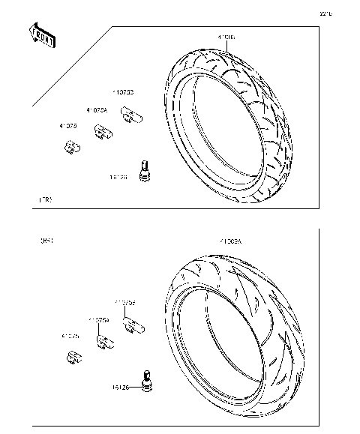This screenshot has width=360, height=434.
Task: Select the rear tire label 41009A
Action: (x=231, y=242)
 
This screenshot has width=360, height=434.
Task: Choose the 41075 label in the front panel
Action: (x=69, y=127)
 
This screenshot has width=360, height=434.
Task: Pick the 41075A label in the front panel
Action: (x=97, y=110)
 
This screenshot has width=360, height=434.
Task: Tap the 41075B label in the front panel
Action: (x=124, y=92)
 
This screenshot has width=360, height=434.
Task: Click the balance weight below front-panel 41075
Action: (x=71, y=147)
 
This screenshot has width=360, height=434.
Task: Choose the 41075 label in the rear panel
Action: (x=70, y=336)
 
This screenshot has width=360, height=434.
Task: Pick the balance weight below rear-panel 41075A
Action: (x=104, y=342)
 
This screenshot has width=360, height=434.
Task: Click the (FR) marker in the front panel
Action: (x=45, y=200)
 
